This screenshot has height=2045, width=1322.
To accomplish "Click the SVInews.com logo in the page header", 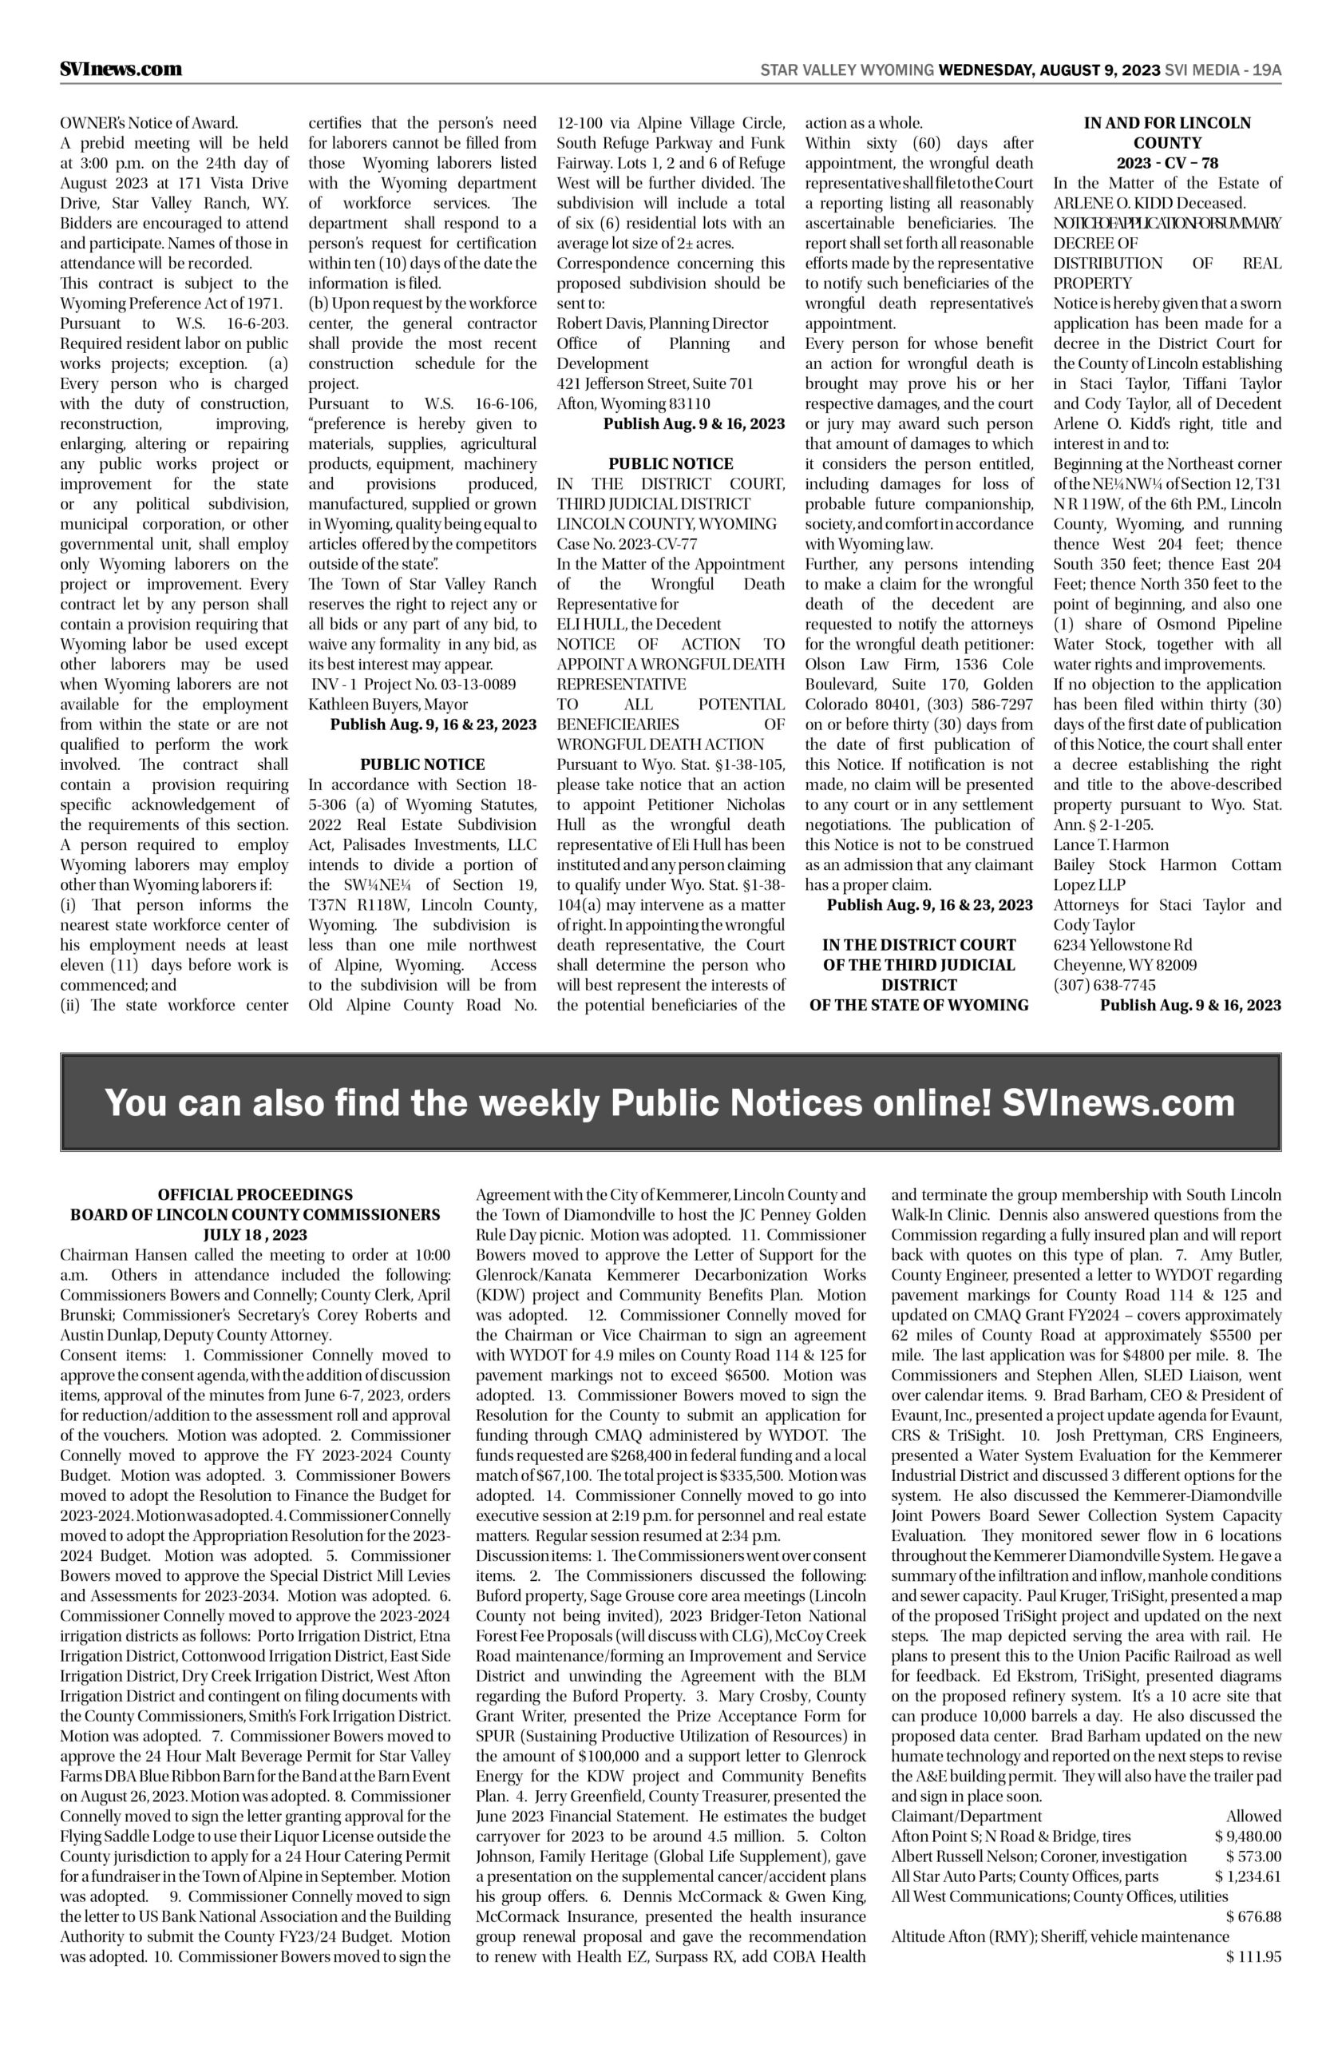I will pos(121,69).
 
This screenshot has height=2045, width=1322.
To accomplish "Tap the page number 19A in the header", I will pos(1266,70).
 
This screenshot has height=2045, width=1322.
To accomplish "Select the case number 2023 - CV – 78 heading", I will pos(1166,163).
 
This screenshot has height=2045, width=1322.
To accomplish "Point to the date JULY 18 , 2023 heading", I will pos(255,1235).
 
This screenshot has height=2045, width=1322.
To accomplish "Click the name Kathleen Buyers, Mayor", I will pos(388,705).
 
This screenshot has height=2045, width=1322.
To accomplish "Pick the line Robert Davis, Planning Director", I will pos(663,324).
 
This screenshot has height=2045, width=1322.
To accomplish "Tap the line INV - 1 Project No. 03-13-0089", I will pos(413,685).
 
